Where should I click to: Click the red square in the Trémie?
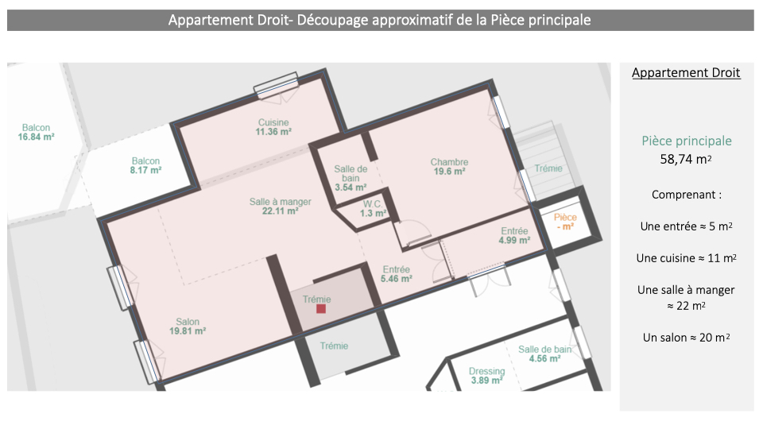click(321, 308)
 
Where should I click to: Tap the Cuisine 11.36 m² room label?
click(273, 127)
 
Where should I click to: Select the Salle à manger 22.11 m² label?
click(281, 207)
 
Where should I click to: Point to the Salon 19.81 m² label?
click(188, 327)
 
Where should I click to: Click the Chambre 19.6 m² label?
click(449, 166)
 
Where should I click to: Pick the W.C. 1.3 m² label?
click(374, 209)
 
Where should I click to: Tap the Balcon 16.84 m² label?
click(36, 133)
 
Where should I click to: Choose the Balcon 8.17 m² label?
click(145, 165)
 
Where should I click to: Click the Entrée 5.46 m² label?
click(396, 274)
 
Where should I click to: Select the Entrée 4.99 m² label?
click(514, 235)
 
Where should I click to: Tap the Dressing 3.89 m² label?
click(486, 376)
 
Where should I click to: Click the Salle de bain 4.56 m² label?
click(544, 354)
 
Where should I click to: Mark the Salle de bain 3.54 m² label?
click(351, 178)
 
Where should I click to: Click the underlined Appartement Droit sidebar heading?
click(686, 73)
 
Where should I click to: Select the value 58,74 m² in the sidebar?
click(686, 159)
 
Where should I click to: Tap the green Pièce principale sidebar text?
click(687, 141)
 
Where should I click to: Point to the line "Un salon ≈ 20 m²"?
click(686, 338)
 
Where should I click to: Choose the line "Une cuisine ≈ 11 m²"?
click(686, 258)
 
